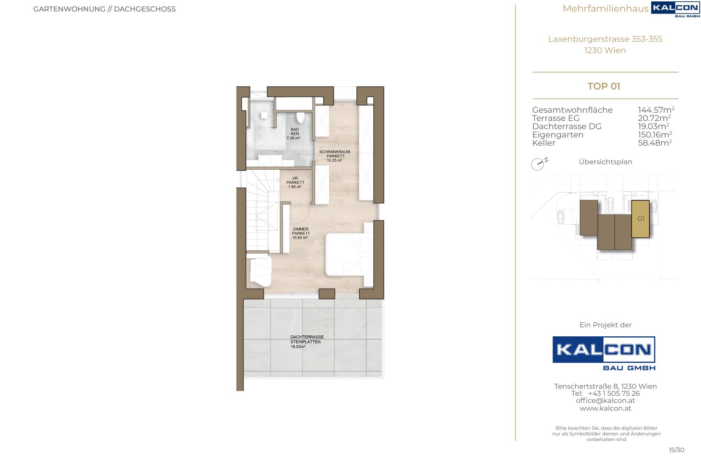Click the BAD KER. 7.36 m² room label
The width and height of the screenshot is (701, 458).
point(294,134)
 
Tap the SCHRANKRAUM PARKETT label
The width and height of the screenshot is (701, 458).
point(335,154)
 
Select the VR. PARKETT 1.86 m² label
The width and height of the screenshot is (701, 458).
point(295,183)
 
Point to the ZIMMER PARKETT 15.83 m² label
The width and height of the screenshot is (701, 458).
point(301,233)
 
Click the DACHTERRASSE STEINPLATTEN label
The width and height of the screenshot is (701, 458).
point(307,339)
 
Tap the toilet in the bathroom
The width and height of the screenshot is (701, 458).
point(300,117)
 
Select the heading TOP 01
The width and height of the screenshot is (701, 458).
point(603,86)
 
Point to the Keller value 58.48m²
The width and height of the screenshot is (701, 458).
point(655,142)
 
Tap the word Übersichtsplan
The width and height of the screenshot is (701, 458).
point(605,162)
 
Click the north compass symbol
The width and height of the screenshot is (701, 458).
point(539,164)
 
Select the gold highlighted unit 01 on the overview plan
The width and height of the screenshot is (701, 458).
point(640,219)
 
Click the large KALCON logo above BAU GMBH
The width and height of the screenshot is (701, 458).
point(603,349)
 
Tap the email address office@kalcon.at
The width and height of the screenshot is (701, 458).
point(605,400)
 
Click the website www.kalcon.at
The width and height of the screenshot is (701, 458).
point(605,408)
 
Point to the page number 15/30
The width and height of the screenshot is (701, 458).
point(676,450)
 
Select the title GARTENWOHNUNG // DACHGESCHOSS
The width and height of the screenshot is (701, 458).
point(104,9)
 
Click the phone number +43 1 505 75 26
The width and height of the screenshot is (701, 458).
point(614,393)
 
